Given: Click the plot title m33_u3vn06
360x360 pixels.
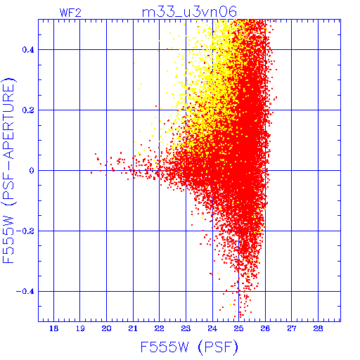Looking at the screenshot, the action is tap(189, 12).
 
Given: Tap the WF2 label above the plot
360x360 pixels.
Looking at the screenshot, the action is tap(70, 13).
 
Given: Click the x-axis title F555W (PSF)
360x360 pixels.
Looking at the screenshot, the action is tap(189, 347).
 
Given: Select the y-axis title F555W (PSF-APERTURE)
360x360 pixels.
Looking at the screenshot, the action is tap(9, 170).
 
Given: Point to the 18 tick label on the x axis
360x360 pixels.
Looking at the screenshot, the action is tap(53, 328).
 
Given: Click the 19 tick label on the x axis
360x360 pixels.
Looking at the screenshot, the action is tap(80, 328).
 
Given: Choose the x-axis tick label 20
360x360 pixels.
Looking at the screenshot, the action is tap(106, 328).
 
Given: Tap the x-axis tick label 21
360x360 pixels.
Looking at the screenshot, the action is tap(133, 328).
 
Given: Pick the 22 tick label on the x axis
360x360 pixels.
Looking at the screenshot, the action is tap(160, 328).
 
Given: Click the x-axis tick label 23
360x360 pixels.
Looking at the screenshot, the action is tap(186, 328).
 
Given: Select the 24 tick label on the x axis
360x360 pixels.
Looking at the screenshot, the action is tap(212, 328).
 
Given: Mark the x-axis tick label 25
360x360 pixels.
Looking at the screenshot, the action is tap(238, 328).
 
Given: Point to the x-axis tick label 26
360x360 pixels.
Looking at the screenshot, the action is tap(265, 328).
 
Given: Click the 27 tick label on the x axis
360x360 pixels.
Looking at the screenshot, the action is tap(292, 328).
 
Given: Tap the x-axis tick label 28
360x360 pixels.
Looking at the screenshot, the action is tap(318, 328).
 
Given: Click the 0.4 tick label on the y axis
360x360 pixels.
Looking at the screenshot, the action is tap(28, 50).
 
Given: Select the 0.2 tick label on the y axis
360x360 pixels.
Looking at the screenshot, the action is tap(28, 110).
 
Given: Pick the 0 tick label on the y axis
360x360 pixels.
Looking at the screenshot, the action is tap(32, 171).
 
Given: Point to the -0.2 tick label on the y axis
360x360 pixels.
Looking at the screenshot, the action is tap(25, 231).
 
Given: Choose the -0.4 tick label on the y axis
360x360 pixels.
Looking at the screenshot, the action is tap(25, 292).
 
